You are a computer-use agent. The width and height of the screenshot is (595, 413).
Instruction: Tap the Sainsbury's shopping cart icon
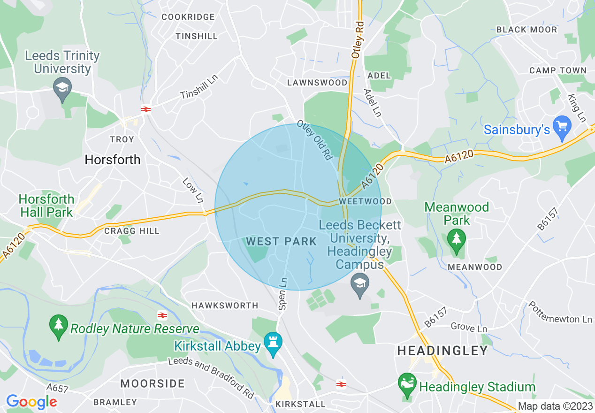click(562, 127)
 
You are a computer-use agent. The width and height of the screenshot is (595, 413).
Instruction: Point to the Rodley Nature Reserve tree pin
click(59, 326)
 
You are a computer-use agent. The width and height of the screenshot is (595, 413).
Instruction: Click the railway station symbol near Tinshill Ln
click(146, 109)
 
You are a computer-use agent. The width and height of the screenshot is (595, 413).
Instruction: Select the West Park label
click(282, 241)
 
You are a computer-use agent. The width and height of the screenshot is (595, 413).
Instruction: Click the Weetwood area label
click(358, 201)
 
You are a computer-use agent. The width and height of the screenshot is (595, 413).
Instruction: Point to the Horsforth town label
click(113, 160)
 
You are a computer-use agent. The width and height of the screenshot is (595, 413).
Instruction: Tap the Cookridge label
click(188, 17)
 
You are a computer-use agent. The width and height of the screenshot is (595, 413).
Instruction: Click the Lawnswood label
click(318, 83)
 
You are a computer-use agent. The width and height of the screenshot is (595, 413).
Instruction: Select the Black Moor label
click(526, 30)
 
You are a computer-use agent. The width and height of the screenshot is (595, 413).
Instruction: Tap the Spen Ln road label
click(282, 293)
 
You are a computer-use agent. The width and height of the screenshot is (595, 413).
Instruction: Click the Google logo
click(31, 402)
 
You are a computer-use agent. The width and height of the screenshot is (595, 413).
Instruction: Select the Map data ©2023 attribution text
click(555, 406)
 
